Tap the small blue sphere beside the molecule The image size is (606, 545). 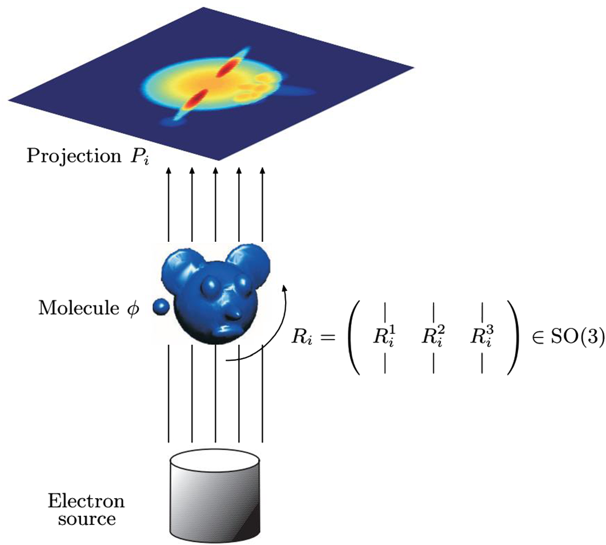[x=160, y=308]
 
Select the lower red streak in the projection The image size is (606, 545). [x=195, y=99]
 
